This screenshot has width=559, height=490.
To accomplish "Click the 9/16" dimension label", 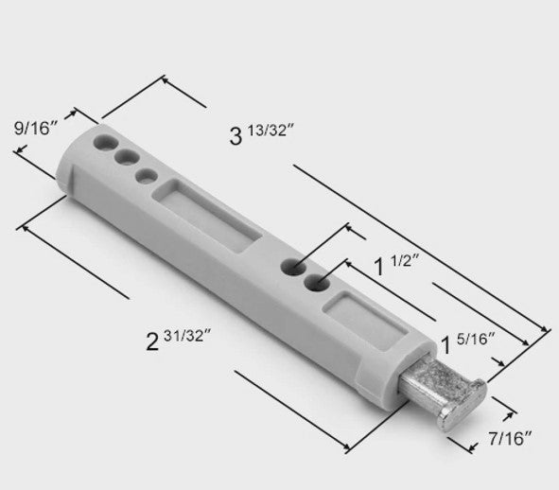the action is click(x=36, y=128).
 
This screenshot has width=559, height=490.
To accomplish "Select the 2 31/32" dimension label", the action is click(x=179, y=340).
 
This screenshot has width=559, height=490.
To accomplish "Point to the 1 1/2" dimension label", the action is click(x=396, y=265).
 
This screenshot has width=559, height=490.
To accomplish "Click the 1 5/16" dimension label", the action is click(x=468, y=342).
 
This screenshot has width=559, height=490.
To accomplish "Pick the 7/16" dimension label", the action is click(x=510, y=438).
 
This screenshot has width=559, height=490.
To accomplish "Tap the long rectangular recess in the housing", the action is click(x=207, y=216).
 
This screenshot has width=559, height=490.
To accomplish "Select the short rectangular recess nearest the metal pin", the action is click(x=364, y=320).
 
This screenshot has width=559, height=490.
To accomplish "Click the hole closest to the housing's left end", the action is click(x=106, y=142).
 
